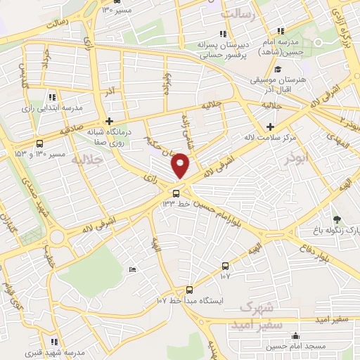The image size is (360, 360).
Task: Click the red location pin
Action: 181,164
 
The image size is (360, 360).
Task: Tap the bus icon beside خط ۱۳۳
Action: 176,193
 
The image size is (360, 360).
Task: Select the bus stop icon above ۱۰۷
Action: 225,266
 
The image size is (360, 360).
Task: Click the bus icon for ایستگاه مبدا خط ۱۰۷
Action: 188,290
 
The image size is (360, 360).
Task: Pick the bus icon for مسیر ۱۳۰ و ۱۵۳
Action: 39,143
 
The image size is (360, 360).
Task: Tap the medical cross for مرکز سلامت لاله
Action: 270,127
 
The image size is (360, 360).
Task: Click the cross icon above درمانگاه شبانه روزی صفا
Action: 109,121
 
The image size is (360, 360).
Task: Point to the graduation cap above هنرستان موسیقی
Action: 278,70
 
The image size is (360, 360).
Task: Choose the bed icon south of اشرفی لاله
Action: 132,269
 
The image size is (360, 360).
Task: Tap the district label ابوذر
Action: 297,160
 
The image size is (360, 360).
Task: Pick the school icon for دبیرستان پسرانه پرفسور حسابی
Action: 223,33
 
